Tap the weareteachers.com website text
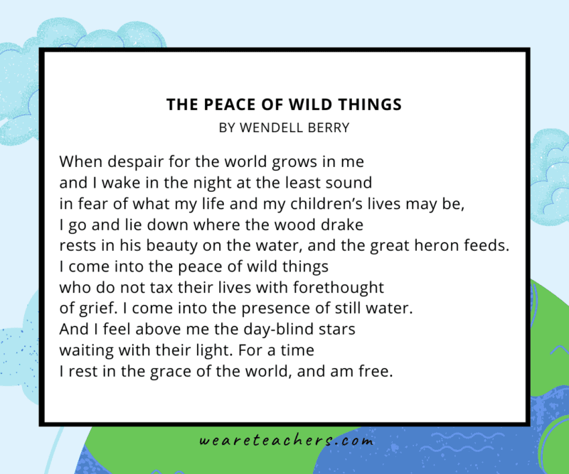(286, 441)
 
